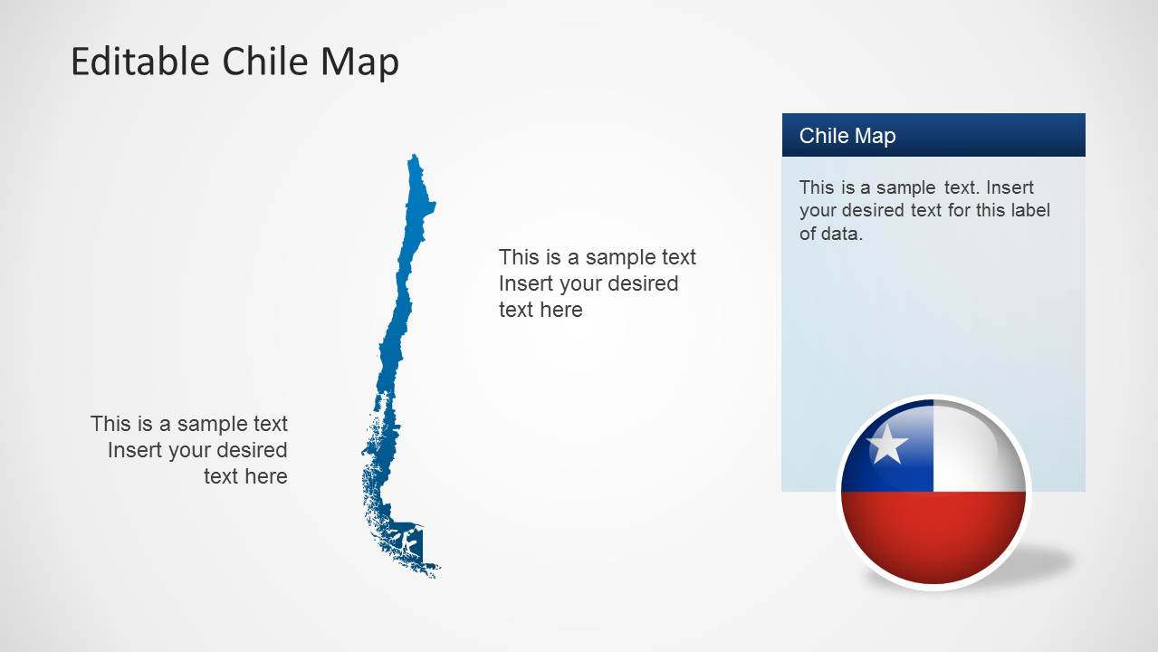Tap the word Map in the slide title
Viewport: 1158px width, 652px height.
tap(359, 62)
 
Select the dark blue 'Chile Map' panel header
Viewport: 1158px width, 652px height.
tap(933, 135)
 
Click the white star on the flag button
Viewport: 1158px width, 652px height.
tap(886, 445)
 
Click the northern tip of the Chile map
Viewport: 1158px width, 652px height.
tap(415, 158)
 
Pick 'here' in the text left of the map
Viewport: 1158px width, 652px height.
tap(266, 476)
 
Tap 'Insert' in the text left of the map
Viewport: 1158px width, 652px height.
tap(135, 450)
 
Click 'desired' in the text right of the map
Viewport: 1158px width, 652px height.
tap(644, 283)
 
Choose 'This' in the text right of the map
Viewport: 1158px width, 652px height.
tap(519, 257)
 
